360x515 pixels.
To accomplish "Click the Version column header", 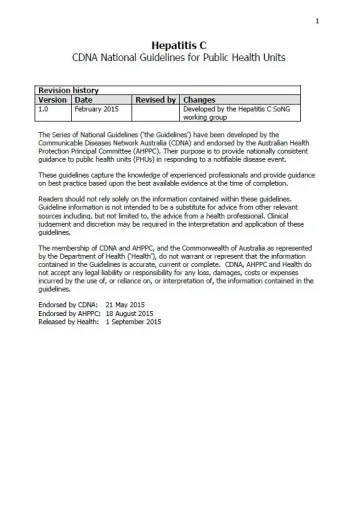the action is pos(52,100).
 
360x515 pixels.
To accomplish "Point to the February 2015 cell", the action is pos(96,110).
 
